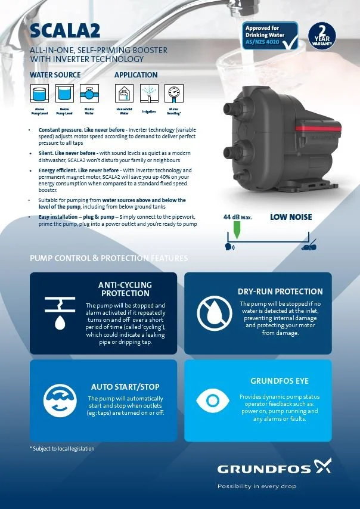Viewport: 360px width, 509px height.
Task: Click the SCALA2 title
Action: [65, 31]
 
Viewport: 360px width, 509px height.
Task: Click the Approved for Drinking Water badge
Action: [270, 35]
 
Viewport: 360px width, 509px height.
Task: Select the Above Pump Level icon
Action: [39, 94]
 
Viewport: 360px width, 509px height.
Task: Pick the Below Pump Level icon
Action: [64, 94]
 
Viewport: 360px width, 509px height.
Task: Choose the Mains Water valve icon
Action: [89, 94]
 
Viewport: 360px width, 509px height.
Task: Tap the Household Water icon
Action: [124, 94]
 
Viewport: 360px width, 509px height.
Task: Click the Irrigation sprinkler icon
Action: [149, 94]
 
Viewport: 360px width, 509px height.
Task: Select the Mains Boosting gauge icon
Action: [174, 94]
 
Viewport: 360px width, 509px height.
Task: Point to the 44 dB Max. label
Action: [238, 217]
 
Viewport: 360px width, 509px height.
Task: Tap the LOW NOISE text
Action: [291, 217]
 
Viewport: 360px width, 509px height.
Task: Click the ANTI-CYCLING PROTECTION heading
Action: [125, 289]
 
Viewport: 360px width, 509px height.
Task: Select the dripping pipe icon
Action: [60, 313]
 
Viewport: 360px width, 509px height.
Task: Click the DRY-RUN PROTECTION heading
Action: [280, 291]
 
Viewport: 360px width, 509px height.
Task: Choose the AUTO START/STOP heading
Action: [125, 387]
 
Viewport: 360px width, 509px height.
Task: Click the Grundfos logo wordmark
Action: [264, 469]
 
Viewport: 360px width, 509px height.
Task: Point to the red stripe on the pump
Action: [299, 128]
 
